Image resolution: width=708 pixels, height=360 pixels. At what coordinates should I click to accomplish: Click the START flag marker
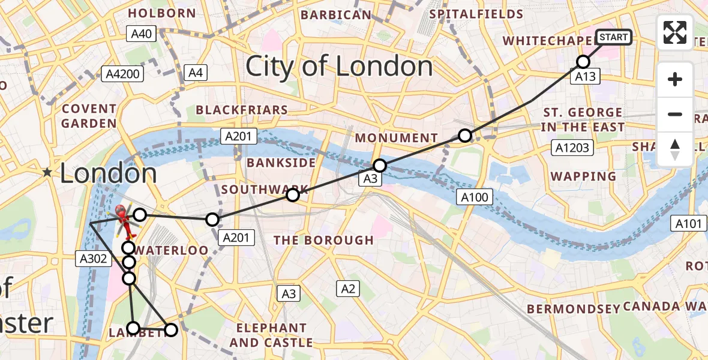coord(614,37)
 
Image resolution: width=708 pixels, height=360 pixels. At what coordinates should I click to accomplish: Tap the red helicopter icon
coord(121,220)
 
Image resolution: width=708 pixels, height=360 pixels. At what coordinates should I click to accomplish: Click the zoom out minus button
coord(675,114)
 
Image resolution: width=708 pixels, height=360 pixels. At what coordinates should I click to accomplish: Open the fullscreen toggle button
coord(675,32)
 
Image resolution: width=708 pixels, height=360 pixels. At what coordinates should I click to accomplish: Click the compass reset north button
coord(675,149)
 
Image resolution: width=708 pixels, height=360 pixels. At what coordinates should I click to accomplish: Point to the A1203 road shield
coord(574,148)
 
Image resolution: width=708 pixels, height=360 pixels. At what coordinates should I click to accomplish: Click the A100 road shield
coord(475,196)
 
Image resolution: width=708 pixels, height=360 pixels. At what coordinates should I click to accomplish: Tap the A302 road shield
coord(94,259)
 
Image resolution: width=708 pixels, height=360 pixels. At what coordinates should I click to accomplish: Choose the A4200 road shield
coord(122,74)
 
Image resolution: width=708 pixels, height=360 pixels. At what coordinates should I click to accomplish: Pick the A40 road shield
coord(142,34)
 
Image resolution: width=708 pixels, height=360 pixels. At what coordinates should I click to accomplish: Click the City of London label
coord(339,66)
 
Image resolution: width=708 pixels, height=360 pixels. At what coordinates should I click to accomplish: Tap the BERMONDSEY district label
coord(572,309)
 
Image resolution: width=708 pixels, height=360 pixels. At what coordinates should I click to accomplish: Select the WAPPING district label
coord(583,176)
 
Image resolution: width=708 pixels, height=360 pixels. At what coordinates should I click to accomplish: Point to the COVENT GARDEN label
coord(89,116)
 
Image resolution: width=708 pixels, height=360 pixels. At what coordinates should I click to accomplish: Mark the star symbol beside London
coord(47,173)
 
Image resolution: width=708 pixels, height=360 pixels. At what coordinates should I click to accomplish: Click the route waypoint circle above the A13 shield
coord(583,61)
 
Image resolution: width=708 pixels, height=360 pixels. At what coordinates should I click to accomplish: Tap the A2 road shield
coord(348,289)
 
